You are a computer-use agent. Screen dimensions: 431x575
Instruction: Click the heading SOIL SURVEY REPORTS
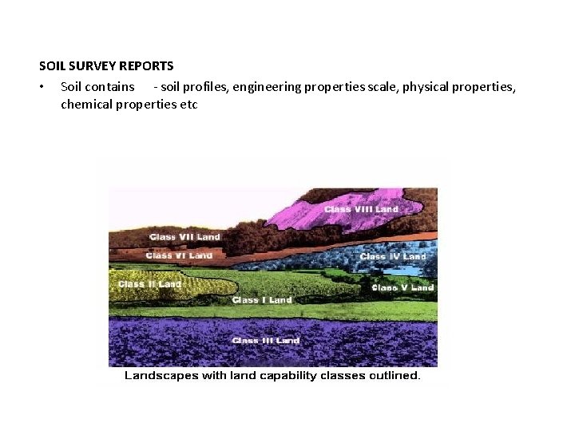106,66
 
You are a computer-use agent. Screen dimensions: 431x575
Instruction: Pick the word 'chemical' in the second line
86,105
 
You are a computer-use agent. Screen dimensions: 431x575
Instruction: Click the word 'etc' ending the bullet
188,105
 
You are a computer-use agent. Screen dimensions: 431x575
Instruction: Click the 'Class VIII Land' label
361,210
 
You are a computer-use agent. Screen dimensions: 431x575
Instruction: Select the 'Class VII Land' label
184,237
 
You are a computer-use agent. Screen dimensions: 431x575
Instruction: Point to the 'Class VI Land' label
179,255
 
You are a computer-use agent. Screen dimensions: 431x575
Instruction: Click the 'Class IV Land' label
393,257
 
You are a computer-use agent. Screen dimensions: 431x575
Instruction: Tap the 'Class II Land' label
149,284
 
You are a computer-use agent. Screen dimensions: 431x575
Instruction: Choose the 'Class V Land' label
402,287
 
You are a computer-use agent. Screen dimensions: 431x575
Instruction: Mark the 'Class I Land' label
262,300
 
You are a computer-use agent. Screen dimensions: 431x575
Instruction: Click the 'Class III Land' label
265,341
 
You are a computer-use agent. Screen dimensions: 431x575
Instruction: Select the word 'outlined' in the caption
395,375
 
